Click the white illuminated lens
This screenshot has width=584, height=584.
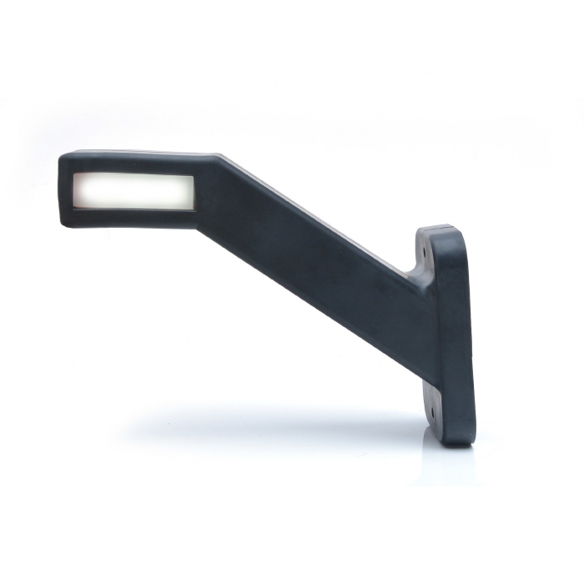click(133, 191)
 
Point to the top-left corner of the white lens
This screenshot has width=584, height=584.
click(74, 175)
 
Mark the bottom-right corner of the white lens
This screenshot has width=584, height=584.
click(194, 208)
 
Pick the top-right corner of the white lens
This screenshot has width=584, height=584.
click(194, 175)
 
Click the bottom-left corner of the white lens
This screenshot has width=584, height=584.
click(74, 208)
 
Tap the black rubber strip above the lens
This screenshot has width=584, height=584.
click(133, 164)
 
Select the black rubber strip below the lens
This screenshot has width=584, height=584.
click(133, 217)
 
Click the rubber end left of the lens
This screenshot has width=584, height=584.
click(66, 191)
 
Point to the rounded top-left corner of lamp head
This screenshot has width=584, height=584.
click(65, 157)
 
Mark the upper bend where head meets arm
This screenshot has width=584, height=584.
click(219, 158)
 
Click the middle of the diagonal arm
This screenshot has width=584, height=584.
click(317, 250)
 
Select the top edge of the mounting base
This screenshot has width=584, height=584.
click(438, 227)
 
